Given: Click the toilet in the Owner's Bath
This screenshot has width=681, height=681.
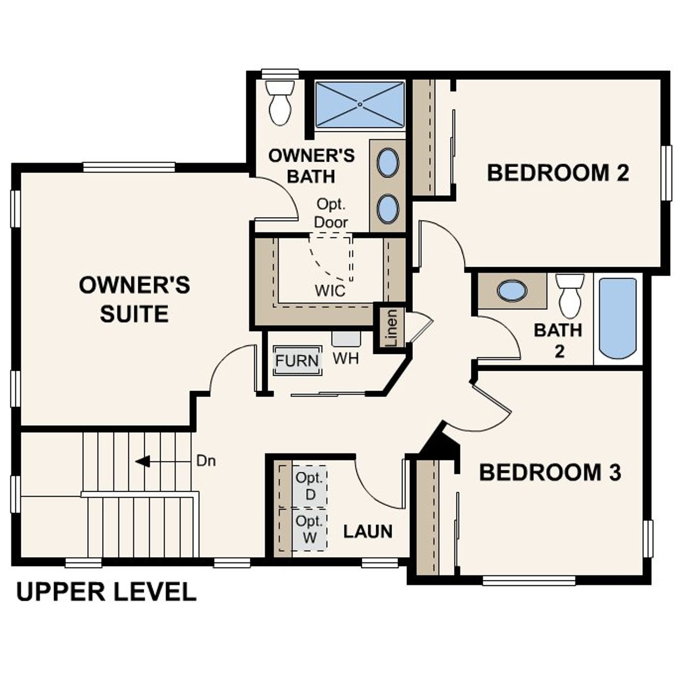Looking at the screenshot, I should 280,103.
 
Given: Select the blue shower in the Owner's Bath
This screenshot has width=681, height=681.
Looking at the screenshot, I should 360,105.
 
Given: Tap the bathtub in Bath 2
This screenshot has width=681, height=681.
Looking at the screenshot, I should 618,318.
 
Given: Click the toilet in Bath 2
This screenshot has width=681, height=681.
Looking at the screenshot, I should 570,296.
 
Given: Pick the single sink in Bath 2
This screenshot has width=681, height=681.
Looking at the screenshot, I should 512,290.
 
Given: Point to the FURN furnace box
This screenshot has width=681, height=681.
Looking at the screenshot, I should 297,361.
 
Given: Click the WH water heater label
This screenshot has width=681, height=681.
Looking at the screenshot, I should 346,359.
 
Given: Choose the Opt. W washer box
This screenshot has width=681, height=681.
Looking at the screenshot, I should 310,529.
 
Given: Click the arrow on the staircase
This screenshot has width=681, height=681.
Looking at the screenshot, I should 143,461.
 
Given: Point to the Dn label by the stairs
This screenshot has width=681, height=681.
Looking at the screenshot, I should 206,461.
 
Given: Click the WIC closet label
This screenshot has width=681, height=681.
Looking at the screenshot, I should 330,291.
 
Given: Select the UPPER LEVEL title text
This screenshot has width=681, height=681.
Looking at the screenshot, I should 106,592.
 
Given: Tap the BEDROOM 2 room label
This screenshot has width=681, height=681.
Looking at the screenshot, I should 558,173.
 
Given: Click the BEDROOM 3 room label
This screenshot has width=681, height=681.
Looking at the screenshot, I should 550,472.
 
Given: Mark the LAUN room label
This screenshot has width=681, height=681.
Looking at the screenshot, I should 368,531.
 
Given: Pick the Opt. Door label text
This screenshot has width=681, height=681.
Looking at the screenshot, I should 331,213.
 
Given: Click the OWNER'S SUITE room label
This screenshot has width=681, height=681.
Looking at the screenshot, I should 134,300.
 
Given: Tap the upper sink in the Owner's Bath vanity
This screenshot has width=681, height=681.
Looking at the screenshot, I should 388,163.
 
